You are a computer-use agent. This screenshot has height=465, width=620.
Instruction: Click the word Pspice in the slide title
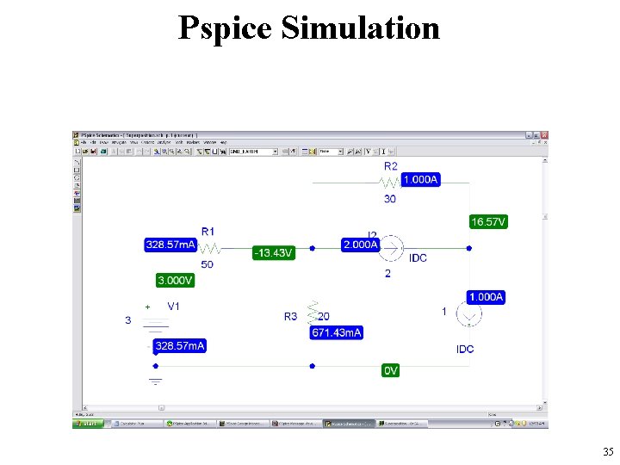[x=225, y=28]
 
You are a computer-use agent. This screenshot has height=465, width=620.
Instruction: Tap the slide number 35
[x=608, y=451]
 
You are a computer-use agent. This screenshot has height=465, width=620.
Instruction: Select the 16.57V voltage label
[x=488, y=222]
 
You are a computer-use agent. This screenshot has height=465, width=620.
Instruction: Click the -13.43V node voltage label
[x=274, y=253]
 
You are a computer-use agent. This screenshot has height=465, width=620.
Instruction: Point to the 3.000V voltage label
[x=175, y=281]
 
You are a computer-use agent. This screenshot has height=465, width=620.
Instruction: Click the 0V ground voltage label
[x=391, y=370]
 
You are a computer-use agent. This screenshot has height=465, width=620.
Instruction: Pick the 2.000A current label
[x=361, y=245]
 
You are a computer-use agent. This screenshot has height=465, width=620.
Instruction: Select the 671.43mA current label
[x=337, y=332]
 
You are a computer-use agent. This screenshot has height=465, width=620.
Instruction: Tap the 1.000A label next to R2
[x=419, y=179]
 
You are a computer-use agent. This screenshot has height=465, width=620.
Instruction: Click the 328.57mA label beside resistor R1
[x=170, y=245]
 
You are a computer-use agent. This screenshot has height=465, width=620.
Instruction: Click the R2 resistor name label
[x=391, y=165]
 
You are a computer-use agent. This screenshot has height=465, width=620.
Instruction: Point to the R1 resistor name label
[x=208, y=231]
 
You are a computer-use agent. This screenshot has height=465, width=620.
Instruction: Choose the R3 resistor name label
[x=291, y=317]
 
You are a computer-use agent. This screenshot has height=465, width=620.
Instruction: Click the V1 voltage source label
[x=174, y=306]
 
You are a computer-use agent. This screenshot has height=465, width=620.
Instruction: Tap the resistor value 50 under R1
[x=208, y=264]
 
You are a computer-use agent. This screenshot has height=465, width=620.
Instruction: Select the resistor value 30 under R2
[x=390, y=199]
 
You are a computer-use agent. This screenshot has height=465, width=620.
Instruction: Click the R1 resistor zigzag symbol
[x=209, y=248]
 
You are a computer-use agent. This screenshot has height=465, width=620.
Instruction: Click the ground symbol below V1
[x=156, y=380]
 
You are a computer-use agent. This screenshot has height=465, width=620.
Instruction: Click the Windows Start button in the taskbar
[x=87, y=424]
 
